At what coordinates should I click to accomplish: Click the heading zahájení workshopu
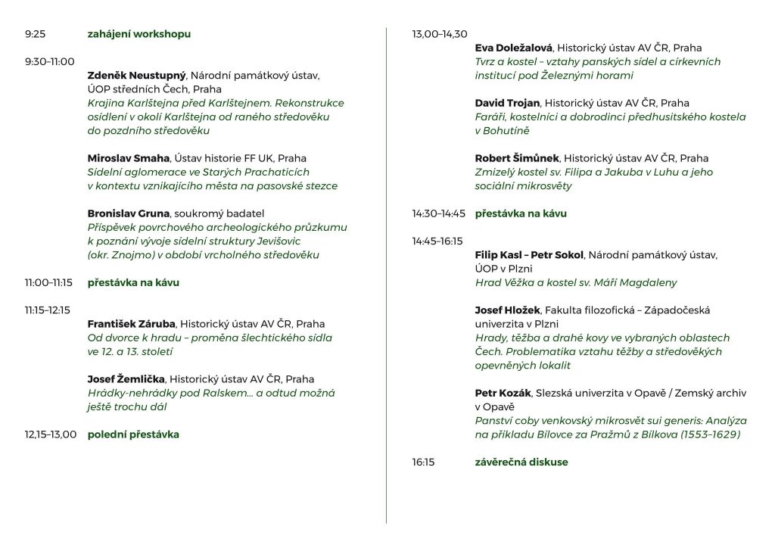139,34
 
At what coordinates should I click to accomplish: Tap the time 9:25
35,34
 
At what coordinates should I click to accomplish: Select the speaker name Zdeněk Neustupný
136,76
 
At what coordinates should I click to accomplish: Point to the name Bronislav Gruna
127,213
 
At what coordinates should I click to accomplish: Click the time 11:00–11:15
48,282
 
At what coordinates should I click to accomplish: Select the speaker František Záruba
132,324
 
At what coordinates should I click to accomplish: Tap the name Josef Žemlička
126,379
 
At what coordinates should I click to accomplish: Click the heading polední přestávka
133,434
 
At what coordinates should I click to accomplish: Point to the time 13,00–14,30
440,34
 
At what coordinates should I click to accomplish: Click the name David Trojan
507,103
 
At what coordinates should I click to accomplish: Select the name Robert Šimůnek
517,158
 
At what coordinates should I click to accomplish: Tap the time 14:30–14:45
439,213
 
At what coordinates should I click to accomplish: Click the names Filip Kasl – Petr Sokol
529,255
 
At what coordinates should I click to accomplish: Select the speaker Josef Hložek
506,310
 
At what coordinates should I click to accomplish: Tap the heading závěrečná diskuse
521,462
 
